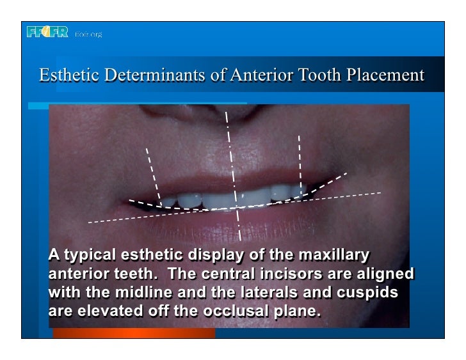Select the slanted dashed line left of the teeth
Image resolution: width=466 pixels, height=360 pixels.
153,173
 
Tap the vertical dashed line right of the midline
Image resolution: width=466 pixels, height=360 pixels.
299,160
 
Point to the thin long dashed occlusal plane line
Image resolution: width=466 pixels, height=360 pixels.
128,217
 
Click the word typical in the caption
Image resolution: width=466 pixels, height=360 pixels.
88,256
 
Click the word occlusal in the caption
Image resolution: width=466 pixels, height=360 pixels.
232,312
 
